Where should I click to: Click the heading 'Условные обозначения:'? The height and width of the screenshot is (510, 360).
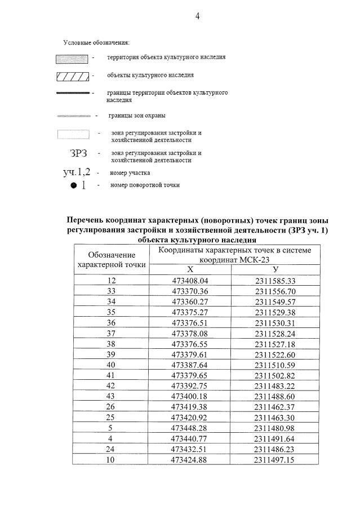pos(96,42)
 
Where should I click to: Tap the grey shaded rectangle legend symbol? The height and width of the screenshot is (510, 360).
pos(72,58)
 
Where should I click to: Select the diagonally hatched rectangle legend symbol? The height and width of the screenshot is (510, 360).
pos(72,75)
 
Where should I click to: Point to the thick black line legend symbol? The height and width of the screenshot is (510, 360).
pos(73,92)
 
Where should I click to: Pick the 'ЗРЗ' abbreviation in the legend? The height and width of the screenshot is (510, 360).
pos(78,153)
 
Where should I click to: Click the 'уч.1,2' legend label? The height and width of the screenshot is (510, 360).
pos(77,172)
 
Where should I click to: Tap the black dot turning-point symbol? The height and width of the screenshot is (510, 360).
pos(74,186)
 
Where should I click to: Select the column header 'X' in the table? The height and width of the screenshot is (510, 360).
pos(190,269)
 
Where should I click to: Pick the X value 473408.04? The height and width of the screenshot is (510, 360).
pos(190,281)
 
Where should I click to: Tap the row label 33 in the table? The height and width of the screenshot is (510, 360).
pos(111,291)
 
